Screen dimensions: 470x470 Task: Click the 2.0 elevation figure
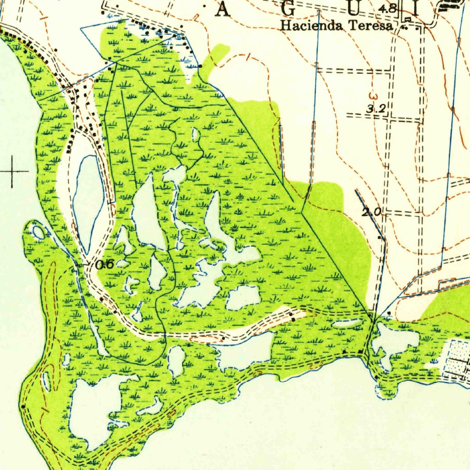(x=371, y=213)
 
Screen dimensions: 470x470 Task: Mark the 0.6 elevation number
(x=105, y=265)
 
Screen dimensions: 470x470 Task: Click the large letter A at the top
(x=223, y=9)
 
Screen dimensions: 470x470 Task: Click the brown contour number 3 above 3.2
(x=373, y=97)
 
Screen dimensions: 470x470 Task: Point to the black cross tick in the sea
(x=12, y=172)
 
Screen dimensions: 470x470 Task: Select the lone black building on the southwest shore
(x=22, y=406)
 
